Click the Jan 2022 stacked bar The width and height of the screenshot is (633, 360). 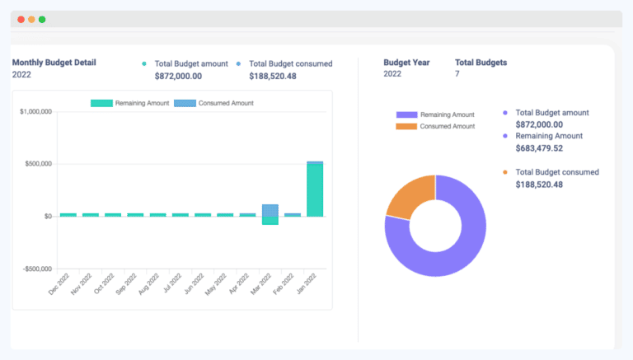click(315, 189)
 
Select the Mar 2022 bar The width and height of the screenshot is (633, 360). click(270, 213)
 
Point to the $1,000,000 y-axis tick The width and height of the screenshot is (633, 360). click(35, 111)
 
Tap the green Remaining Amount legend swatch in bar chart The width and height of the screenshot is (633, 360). click(101, 103)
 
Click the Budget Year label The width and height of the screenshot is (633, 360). click(407, 62)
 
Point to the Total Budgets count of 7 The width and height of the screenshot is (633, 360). click(457, 74)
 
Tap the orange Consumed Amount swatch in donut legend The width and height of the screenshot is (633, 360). click(407, 126)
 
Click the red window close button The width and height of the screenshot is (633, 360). click(21, 19)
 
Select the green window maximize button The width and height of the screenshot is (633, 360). click(42, 19)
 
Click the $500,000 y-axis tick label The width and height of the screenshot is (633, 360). click(37, 164)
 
